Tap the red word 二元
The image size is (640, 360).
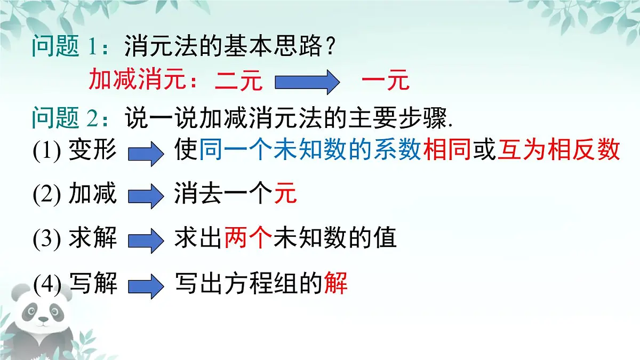click(x=238, y=82)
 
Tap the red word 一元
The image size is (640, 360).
click(x=385, y=82)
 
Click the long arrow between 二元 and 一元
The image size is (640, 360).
click(x=307, y=83)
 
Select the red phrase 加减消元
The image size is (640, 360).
click(x=140, y=81)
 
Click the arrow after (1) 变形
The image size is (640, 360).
click(x=145, y=154)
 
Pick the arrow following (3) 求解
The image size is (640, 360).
click(x=145, y=241)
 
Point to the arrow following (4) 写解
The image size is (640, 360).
click(x=145, y=286)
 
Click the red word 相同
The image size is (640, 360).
click(x=446, y=151)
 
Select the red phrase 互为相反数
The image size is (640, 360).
click(x=558, y=151)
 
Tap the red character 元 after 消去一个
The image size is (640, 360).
click(x=285, y=194)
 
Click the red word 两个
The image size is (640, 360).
click(x=248, y=238)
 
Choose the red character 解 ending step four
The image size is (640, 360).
click(x=336, y=283)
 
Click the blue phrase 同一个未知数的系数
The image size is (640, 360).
click(x=310, y=151)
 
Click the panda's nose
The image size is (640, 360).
click(x=43, y=319)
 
